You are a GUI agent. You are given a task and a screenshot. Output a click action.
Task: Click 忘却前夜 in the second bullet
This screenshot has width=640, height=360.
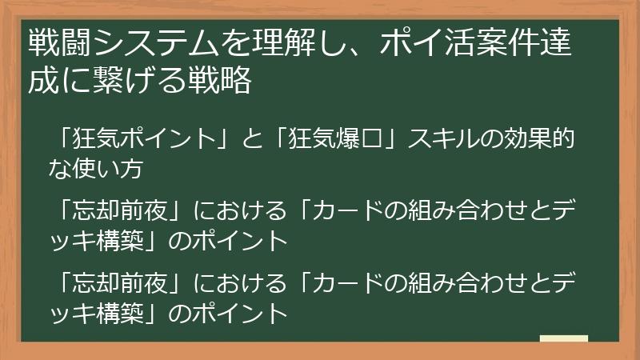pos(119,210)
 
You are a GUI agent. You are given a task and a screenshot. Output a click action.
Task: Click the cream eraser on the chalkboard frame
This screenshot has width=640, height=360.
pos(563,338)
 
